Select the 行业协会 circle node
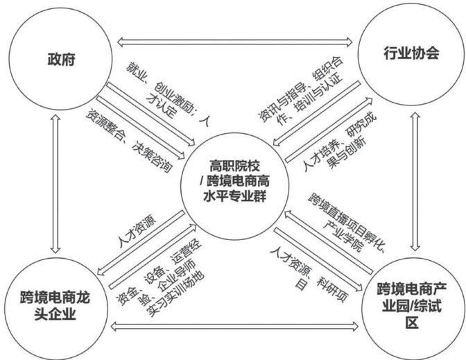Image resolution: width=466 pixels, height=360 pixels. click(411, 53)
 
